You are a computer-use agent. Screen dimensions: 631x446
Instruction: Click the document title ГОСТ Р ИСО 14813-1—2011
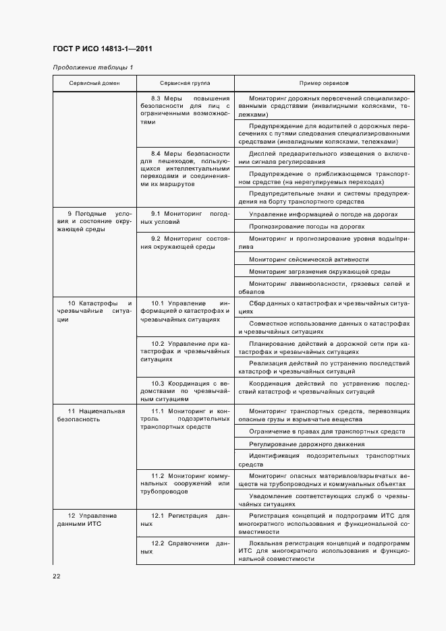point(101,49)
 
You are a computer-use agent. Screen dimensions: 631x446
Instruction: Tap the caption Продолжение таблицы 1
point(93,67)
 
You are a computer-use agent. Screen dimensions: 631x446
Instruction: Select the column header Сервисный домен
point(94,83)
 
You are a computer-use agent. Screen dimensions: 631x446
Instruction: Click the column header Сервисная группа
point(185,83)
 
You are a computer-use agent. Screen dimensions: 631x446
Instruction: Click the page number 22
point(57,575)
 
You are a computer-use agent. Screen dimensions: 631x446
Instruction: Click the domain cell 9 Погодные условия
point(94,221)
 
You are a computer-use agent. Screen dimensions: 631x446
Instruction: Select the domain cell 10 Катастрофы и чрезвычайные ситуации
point(94,311)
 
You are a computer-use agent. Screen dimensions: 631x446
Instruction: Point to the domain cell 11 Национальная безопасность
point(94,415)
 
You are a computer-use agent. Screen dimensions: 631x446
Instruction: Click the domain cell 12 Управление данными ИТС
point(94,520)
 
